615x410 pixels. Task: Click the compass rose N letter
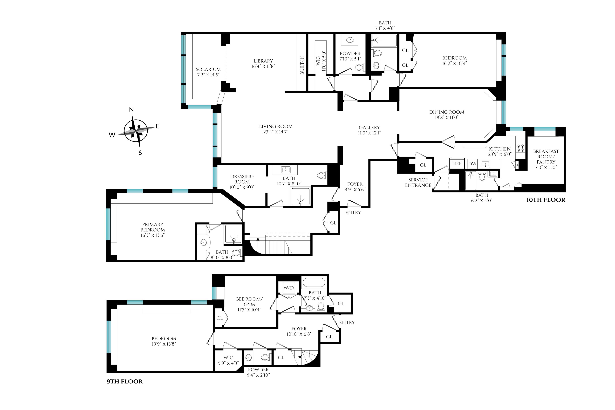(132, 110)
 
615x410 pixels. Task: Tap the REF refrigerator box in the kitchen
(457, 164)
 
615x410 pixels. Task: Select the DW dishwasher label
(472, 164)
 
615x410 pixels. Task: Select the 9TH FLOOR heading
(125, 381)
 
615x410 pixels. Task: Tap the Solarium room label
(208, 70)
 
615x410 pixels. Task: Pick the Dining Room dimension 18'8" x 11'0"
(447, 117)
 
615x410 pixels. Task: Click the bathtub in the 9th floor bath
(314, 283)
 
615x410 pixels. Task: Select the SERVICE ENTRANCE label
(418, 182)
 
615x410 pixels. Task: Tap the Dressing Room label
(242, 179)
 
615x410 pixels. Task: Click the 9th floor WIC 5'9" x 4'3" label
(228, 360)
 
